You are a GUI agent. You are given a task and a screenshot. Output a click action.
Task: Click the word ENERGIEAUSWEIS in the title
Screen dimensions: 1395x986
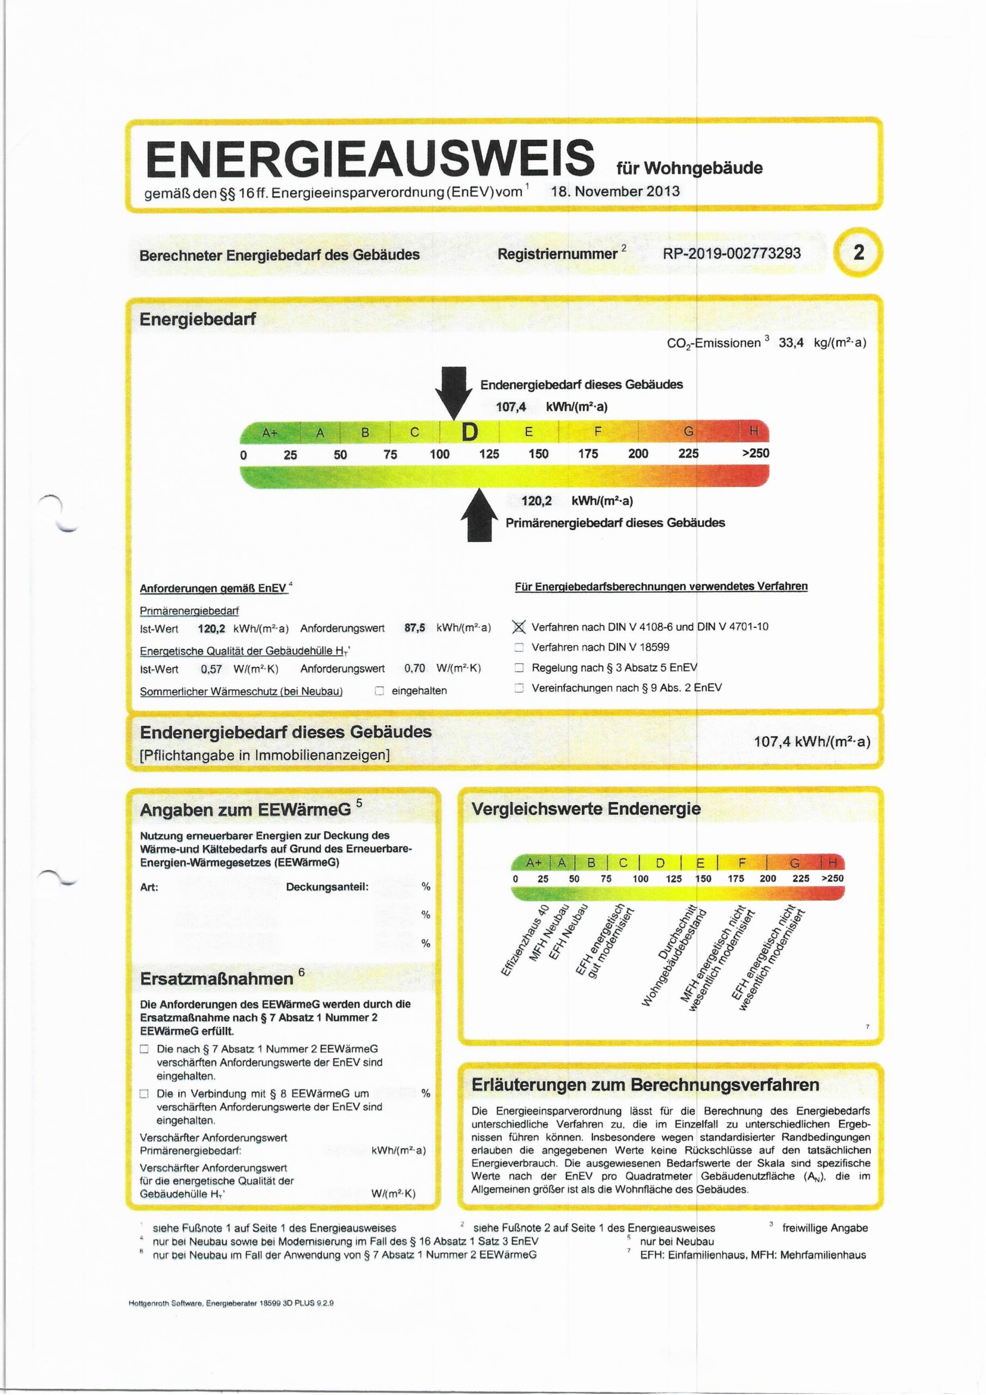369,158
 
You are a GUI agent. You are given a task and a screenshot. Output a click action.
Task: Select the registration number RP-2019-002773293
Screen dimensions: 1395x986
732,253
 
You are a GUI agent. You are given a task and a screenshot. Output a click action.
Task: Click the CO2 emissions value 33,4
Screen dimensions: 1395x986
791,343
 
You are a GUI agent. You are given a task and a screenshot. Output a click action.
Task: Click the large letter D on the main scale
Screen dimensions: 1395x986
470,433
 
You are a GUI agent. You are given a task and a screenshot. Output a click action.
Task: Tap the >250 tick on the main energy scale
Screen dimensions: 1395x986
755,453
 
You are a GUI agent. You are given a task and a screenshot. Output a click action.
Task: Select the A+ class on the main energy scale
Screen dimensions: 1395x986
269,433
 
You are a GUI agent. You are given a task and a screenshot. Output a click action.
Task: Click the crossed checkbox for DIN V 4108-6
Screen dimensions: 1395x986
519,627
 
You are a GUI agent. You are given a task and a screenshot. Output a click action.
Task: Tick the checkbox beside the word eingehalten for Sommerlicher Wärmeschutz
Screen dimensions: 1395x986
379,691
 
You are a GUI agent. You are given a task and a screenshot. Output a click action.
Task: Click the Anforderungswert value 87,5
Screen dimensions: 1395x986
415,628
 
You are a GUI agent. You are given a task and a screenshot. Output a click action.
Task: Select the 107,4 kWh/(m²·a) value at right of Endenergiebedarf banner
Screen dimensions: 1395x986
812,741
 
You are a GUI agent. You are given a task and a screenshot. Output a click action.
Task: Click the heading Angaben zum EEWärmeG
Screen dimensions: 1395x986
246,810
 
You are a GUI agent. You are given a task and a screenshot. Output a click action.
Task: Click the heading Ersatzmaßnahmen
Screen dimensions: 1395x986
217,979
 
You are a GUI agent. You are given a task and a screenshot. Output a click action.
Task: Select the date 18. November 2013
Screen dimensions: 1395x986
615,191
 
